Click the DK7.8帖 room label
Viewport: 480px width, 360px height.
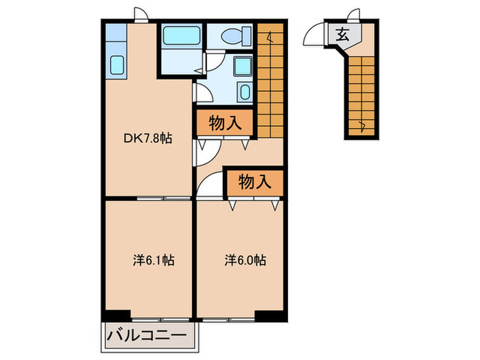[x=148, y=138]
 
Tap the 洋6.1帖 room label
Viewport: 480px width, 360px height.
[x=153, y=261]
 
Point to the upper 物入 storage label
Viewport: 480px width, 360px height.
[x=226, y=124]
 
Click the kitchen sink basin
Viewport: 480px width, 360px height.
[x=117, y=65]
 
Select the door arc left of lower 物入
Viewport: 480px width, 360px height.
[x=210, y=180]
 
